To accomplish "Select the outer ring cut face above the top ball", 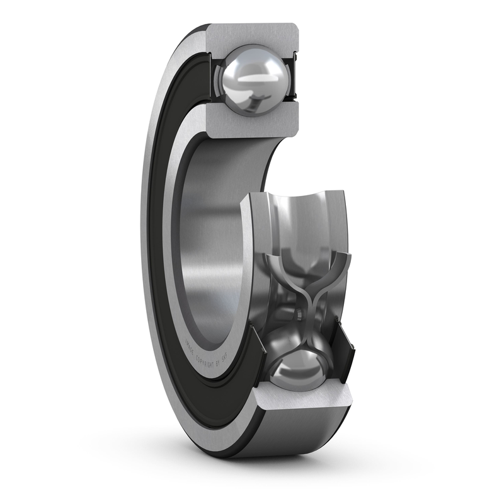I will click(x=252, y=35).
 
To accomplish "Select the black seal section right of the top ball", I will click(x=291, y=79).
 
